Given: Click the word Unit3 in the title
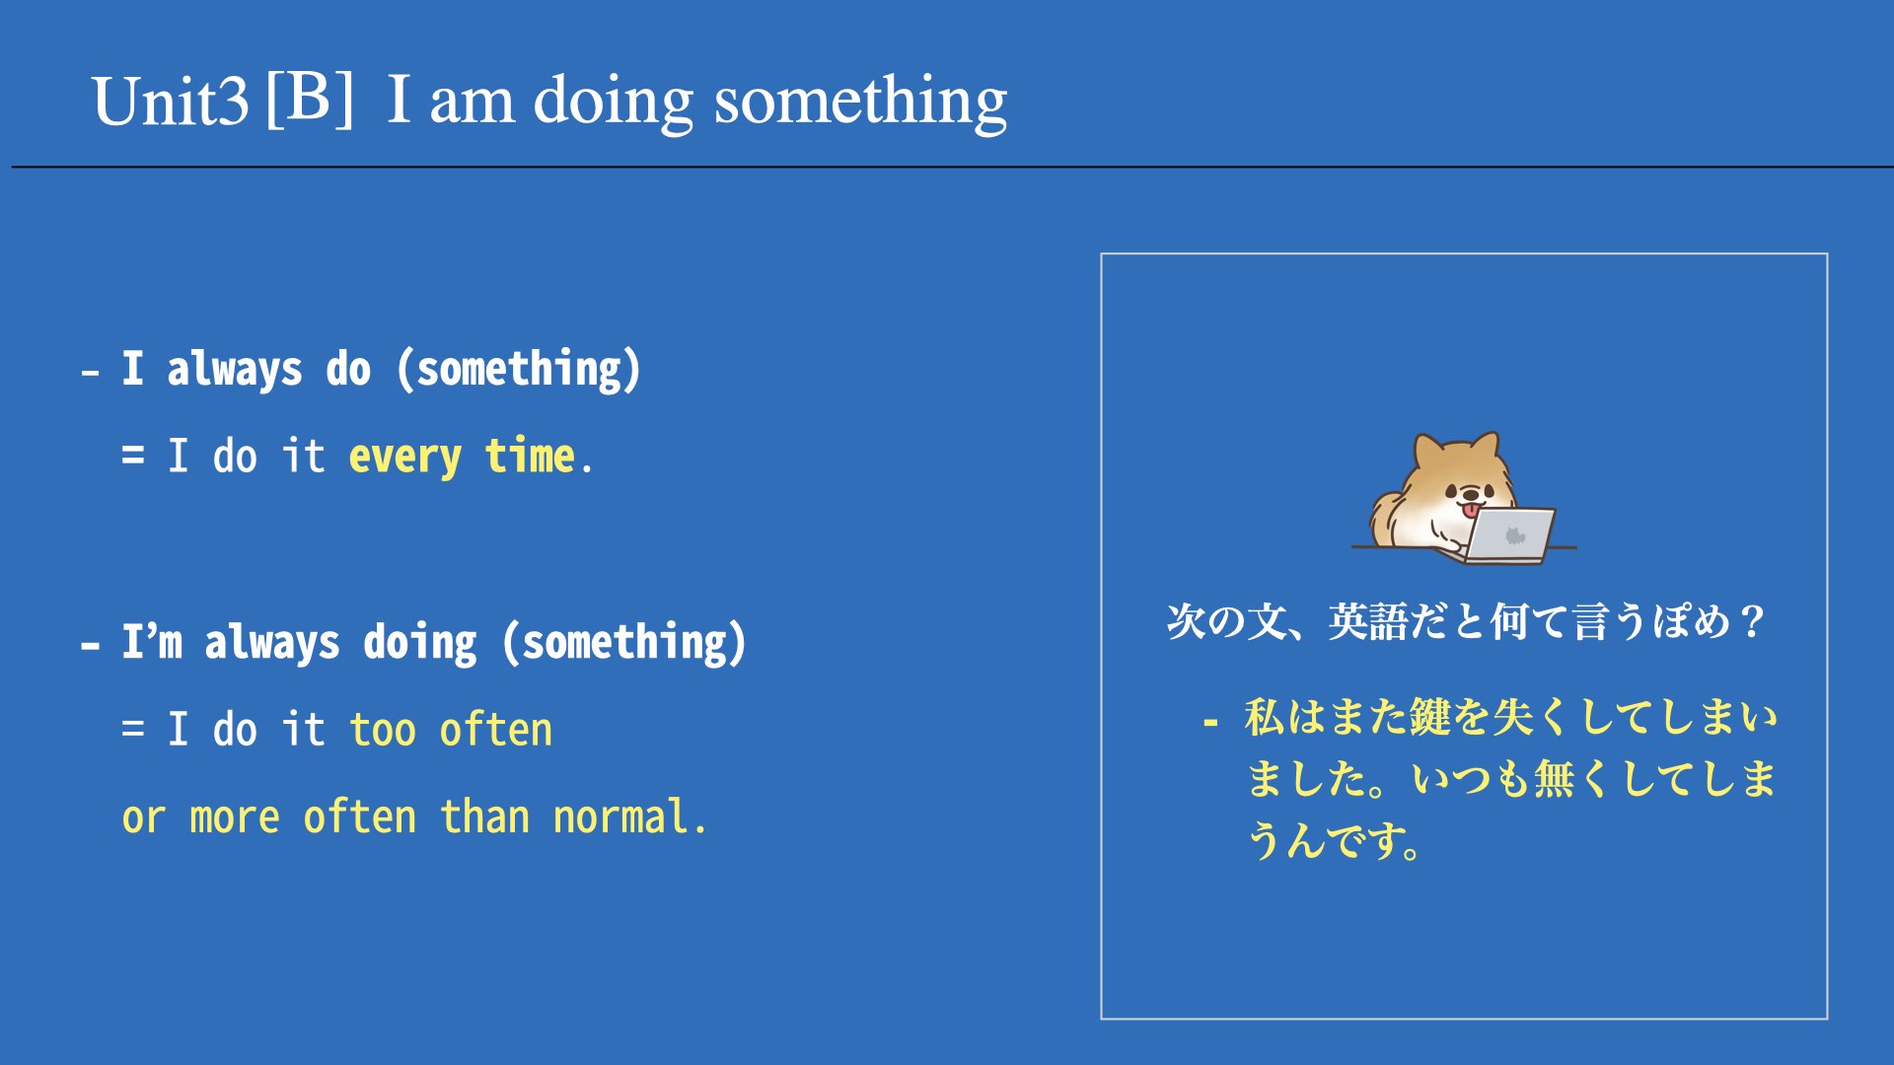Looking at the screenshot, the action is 170,101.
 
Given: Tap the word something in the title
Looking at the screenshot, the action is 860,102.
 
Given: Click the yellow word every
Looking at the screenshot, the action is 404,457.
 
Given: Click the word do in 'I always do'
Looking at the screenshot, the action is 348,369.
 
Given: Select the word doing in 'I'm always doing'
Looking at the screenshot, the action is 420,644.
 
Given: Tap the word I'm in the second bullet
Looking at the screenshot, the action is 152,642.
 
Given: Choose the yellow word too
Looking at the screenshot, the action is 383,730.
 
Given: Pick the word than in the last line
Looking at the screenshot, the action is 484,816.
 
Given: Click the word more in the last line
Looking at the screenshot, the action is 235,818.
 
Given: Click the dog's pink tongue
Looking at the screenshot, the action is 1471,510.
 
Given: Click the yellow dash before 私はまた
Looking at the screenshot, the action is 1210,723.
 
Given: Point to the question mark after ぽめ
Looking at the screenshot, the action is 1752,622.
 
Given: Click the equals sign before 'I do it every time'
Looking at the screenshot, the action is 133,456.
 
